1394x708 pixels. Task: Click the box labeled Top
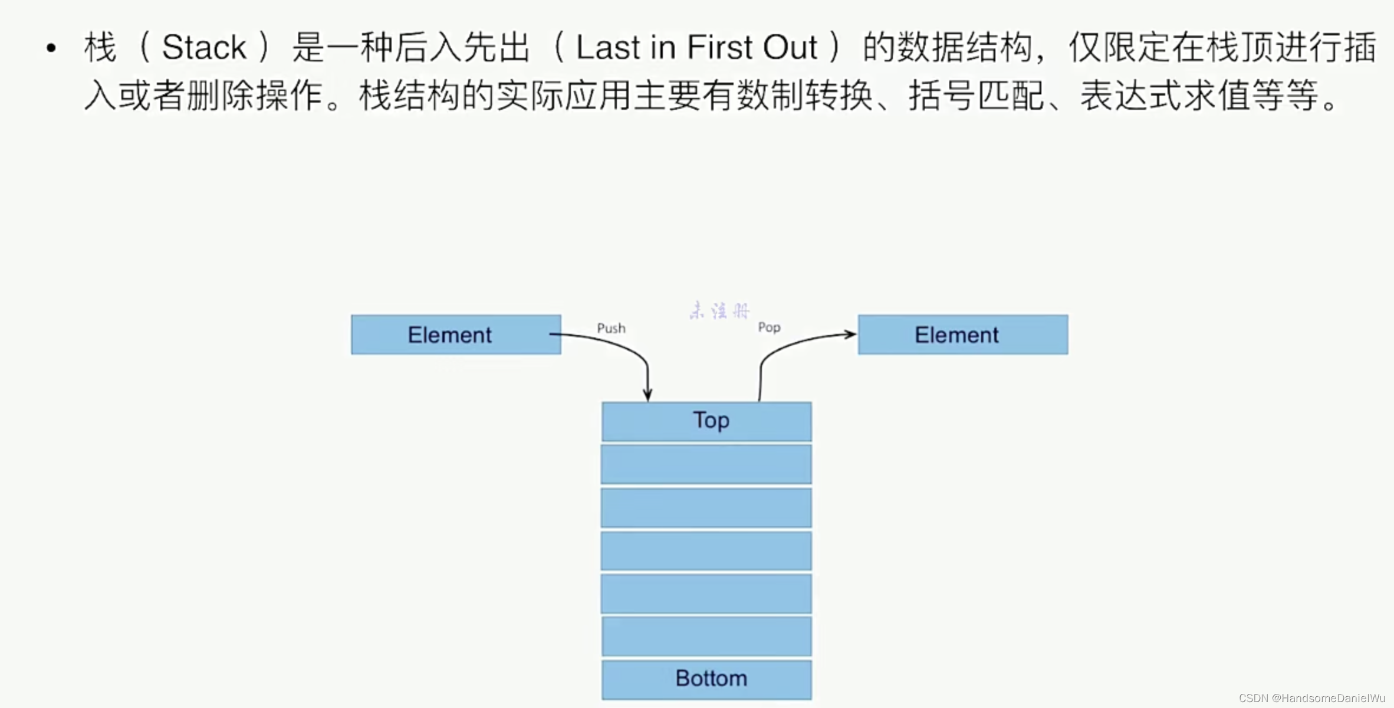pos(706,421)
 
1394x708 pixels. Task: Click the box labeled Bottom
pos(706,679)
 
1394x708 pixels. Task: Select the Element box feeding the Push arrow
pos(455,335)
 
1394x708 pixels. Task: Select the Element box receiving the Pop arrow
pos(962,335)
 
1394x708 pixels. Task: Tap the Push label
pos(611,328)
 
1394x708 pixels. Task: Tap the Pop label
pos(769,327)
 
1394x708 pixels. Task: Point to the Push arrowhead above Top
pos(647,395)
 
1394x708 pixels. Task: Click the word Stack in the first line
pos(203,47)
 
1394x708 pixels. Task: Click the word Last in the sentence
pos(608,47)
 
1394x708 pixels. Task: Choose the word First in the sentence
pos(719,47)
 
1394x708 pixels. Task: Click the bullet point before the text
pos(51,48)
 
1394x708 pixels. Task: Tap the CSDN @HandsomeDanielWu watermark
pos(1311,698)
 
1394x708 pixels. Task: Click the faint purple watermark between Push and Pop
pos(719,310)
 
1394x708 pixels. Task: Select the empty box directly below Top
pos(706,464)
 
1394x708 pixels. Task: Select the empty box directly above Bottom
pos(706,636)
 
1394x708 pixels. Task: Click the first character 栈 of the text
pos(100,47)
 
